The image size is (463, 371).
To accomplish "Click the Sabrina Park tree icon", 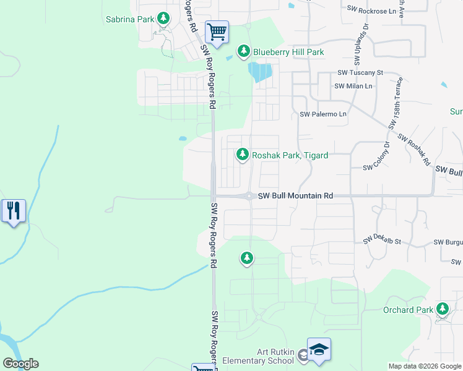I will [163, 19].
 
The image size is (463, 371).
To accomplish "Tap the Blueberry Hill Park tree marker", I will [244, 51].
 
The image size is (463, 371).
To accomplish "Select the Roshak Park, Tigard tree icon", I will [243, 155].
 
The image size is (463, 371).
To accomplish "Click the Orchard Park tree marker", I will [442, 309].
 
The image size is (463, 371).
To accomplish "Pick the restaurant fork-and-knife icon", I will [14, 211].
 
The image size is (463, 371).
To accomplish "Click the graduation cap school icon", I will [319, 350].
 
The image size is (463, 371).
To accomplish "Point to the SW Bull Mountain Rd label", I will [295, 195].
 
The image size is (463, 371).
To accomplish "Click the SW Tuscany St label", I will [360, 72].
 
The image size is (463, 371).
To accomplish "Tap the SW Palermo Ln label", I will [323, 114].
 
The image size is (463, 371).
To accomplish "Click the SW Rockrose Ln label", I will [371, 11].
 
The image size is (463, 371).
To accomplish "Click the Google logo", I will [20, 364].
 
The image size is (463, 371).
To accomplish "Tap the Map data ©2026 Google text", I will [425, 365].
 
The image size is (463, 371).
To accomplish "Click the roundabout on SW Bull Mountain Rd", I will [248, 196].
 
